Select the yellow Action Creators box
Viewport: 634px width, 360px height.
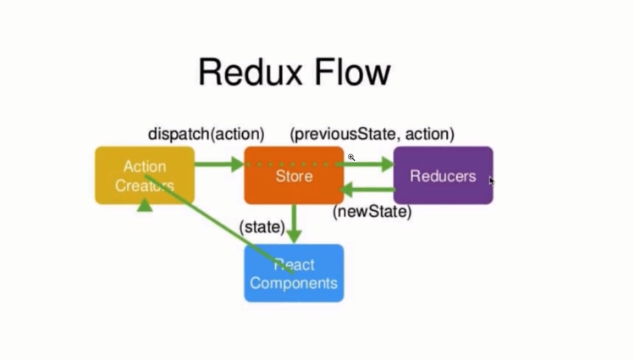click(x=144, y=175)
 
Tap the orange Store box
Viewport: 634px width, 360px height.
click(x=294, y=176)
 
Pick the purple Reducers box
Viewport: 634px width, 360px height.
click(x=443, y=175)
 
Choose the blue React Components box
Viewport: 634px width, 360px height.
click(x=294, y=273)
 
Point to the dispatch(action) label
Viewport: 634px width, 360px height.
click(x=206, y=134)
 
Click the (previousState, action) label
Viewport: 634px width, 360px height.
click(x=372, y=134)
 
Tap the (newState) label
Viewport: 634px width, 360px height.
click(x=372, y=211)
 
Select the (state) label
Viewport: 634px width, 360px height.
click(x=262, y=227)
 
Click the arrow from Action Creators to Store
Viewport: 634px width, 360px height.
click(x=218, y=163)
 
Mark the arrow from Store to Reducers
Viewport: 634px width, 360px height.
click(x=369, y=163)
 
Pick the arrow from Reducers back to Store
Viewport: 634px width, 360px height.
click(x=369, y=190)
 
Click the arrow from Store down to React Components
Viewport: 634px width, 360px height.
click(x=295, y=223)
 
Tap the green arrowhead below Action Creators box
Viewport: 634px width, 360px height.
click(x=145, y=204)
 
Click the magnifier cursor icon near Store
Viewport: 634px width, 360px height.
click(x=350, y=158)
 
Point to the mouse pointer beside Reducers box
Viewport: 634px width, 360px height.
click(x=492, y=180)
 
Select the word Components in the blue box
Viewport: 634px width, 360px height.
click(x=294, y=284)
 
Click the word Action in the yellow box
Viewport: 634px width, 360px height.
click(x=144, y=166)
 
